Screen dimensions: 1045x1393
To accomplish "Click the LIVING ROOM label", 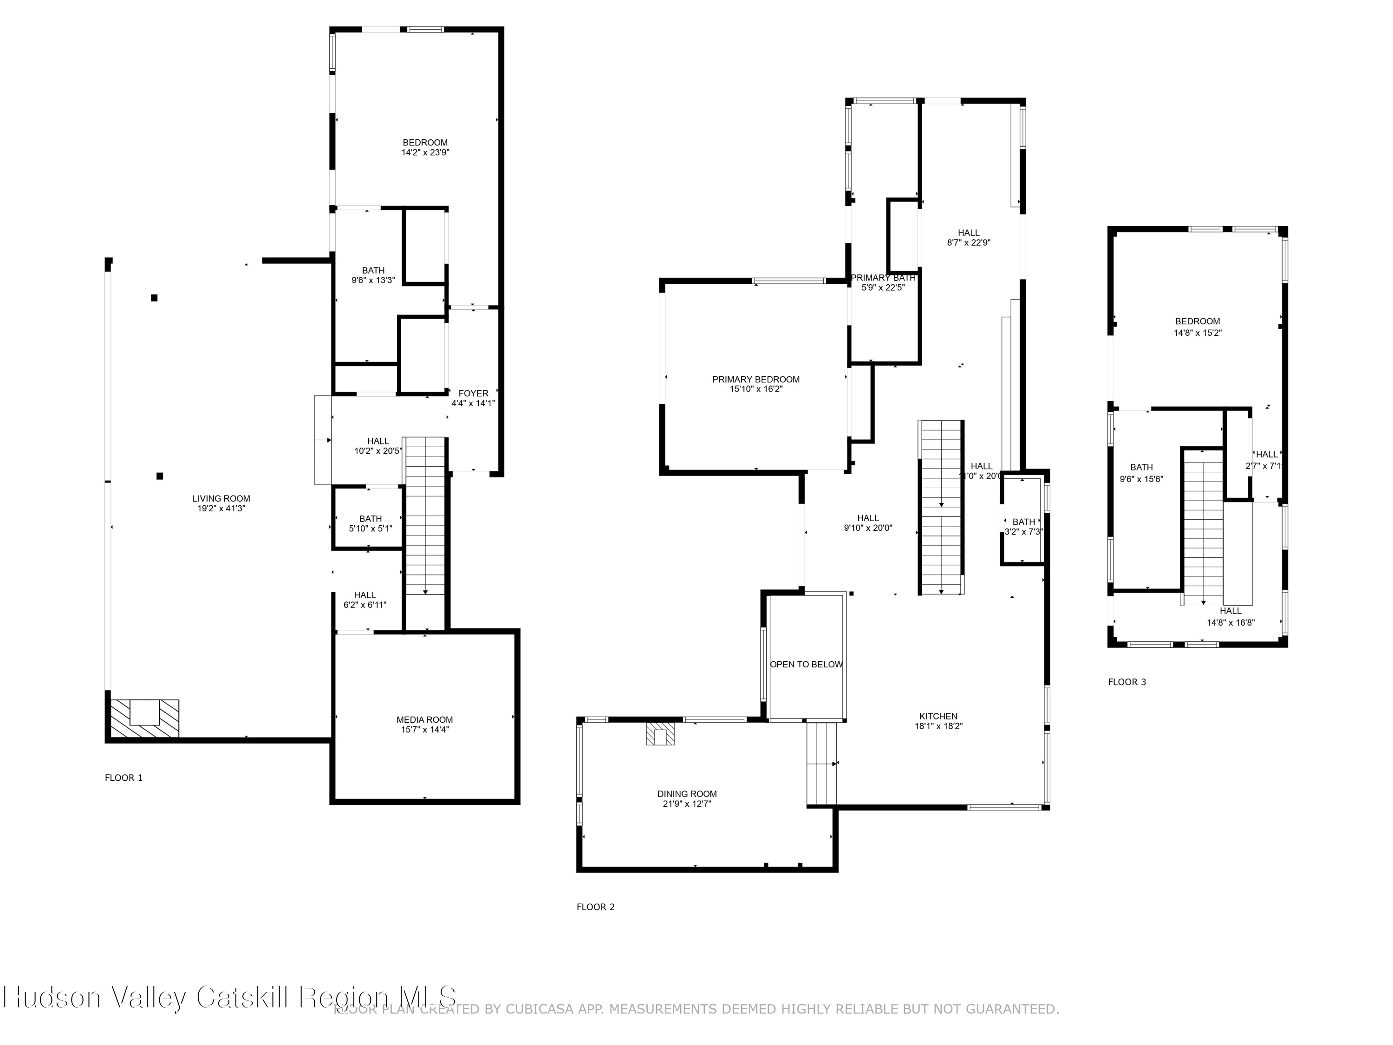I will [x=221, y=498].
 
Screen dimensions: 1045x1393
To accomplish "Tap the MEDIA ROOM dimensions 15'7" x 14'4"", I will [x=425, y=730].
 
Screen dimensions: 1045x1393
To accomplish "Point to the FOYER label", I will [x=473, y=393].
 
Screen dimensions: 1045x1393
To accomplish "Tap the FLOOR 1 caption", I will [x=124, y=778].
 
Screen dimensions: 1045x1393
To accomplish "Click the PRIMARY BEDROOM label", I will [x=755, y=379].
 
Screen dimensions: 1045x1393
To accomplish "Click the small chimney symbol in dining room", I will [x=660, y=734].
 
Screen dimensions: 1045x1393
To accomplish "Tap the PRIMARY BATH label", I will [x=883, y=278].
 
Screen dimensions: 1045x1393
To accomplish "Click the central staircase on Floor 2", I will [x=941, y=507].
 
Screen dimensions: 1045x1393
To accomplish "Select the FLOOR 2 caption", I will [x=596, y=907].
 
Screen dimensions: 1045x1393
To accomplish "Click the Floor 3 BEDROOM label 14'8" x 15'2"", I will [x=1197, y=327].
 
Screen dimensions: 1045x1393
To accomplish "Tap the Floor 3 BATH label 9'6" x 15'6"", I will [x=1141, y=472].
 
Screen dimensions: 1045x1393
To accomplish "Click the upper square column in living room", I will [x=154, y=298].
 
